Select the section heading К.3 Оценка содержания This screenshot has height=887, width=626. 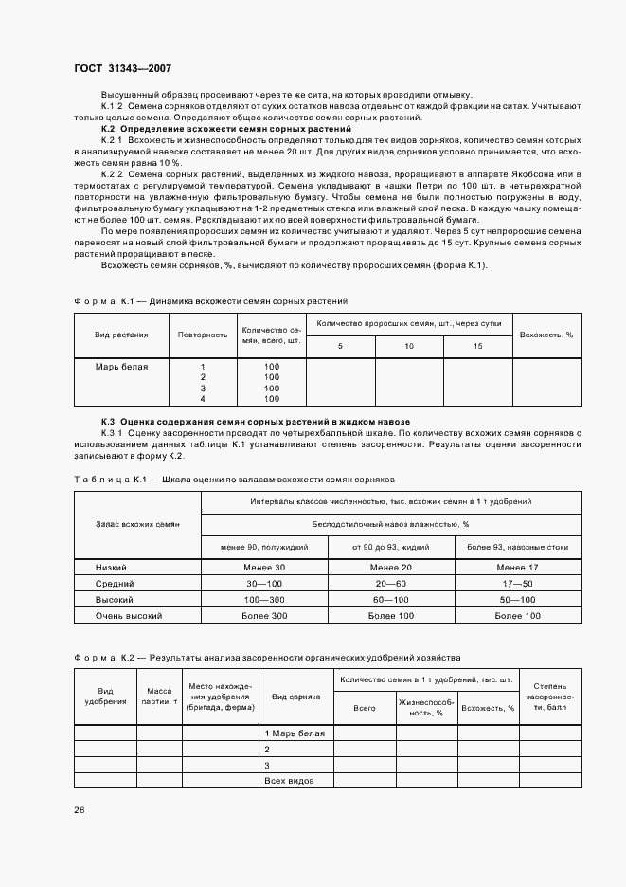tap(256, 421)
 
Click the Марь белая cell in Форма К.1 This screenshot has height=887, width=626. tap(121, 366)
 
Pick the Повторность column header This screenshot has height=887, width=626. tap(203, 335)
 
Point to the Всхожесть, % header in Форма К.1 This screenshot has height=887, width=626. tap(546, 335)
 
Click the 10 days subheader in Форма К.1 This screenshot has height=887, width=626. tap(409, 346)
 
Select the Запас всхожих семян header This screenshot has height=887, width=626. tap(137, 523)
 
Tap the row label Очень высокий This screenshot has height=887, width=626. tap(130, 615)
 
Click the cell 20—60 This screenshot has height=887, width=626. tap(390, 583)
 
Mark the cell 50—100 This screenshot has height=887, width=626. tap(518, 599)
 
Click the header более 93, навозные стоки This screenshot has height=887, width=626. tap(518, 546)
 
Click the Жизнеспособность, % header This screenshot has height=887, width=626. tap(427, 707)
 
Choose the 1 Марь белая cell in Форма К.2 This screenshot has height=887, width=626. tap(295, 733)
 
